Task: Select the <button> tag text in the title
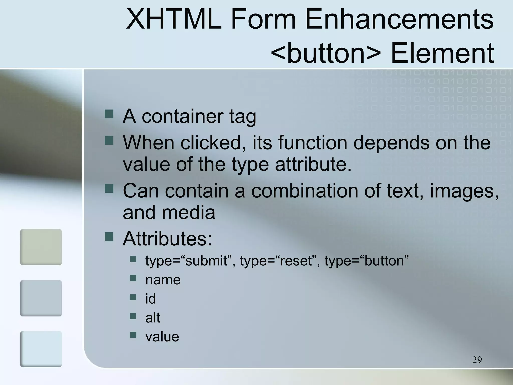326,53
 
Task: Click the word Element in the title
442,53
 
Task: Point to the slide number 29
477,360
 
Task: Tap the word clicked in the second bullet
213,143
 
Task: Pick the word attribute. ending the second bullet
313,164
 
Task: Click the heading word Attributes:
167,239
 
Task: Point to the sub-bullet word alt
153,318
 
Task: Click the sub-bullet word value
162,337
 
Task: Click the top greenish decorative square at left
41,247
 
